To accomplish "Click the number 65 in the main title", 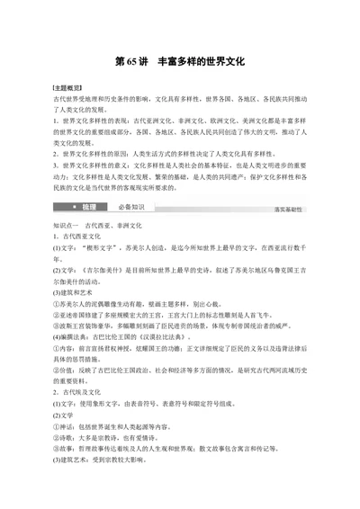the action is [137, 64].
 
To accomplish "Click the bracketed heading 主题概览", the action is [67, 89].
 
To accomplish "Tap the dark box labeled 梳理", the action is [88, 208].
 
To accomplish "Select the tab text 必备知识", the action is [131, 208].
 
